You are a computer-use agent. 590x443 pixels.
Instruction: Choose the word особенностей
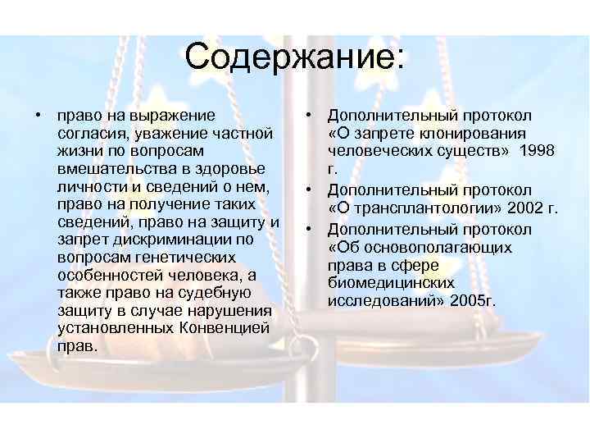(107, 276)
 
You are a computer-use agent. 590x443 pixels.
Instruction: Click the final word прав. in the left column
(78, 346)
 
